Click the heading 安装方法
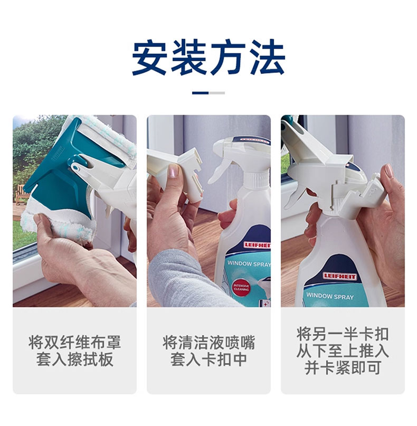pyautogui.click(x=209, y=58)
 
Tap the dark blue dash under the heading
pyautogui.click(x=200, y=93)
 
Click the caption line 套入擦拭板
pyautogui.click(x=75, y=359)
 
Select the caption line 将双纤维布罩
pyautogui.click(x=75, y=342)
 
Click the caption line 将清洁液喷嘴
pyautogui.click(x=209, y=342)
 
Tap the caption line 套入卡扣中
pyautogui.click(x=209, y=359)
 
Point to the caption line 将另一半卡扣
pyautogui.click(x=343, y=334)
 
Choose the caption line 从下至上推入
pyautogui.click(x=343, y=351)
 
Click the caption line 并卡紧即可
pyautogui.click(x=343, y=367)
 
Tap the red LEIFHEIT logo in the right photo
pyautogui.click(x=339, y=277)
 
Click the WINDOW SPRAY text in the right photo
pyautogui.click(x=330, y=296)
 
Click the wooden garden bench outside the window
pyautogui.click(x=21, y=194)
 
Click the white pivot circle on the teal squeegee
pyautogui.click(x=76, y=168)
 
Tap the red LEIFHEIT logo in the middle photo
pyautogui.click(x=257, y=245)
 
